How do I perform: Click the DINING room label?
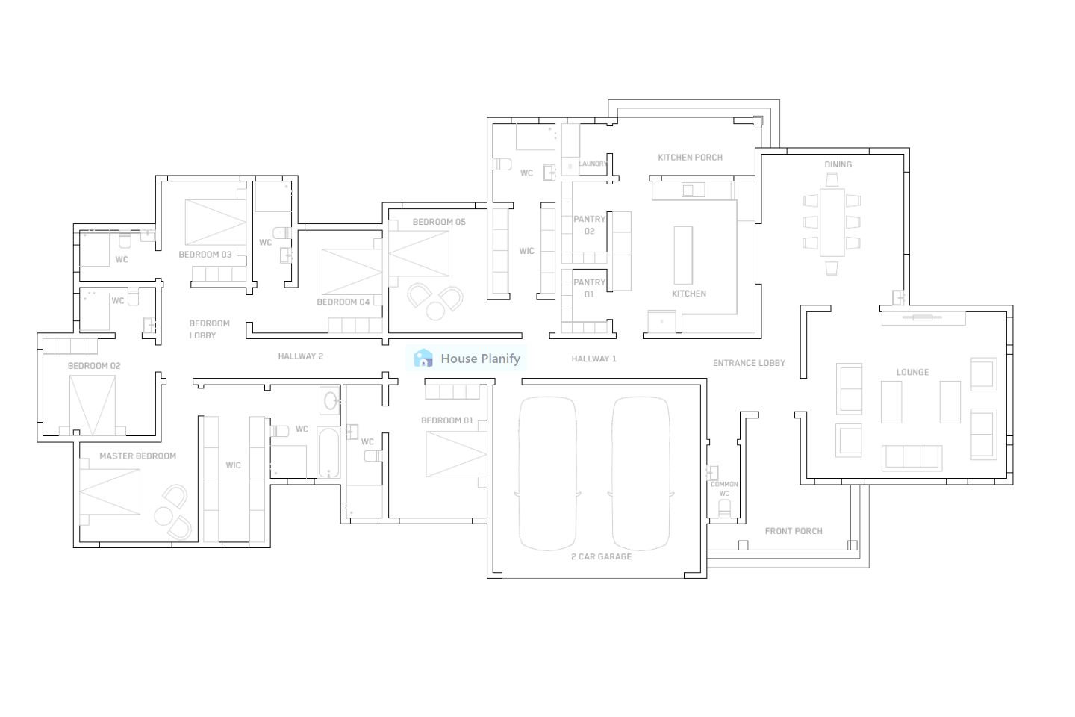pyautogui.click(x=838, y=164)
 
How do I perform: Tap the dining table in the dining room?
pyautogui.click(x=832, y=222)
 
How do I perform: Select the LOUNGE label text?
pyautogui.click(x=912, y=372)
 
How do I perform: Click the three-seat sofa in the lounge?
pyautogui.click(x=912, y=457)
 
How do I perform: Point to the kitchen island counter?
pyautogui.click(x=682, y=255)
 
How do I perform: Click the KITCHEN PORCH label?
pyautogui.click(x=690, y=158)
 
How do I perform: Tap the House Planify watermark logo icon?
pyautogui.click(x=423, y=358)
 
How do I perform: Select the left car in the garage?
pyautogui.click(x=547, y=474)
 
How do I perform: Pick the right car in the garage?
pyautogui.click(x=641, y=474)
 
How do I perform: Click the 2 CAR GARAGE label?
pyautogui.click(x=601, y=556)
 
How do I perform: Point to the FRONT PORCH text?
pyautogui.click(x=793, y=531)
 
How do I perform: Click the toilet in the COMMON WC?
pyautogui.click(x=723, y=509)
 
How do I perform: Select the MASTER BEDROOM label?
pyautogui.click(x=137, y=456)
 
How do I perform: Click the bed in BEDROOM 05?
pyautogui.click(x=419, y=254)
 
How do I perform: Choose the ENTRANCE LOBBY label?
pyautogui.click(x=749, y=363)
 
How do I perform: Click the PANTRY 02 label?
pyautogui.click(x=589, y=225)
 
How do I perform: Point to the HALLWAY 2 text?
pyautogui.click(x=300, y=356)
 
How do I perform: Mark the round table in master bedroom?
pyautogui.click(x=163, y=515)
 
